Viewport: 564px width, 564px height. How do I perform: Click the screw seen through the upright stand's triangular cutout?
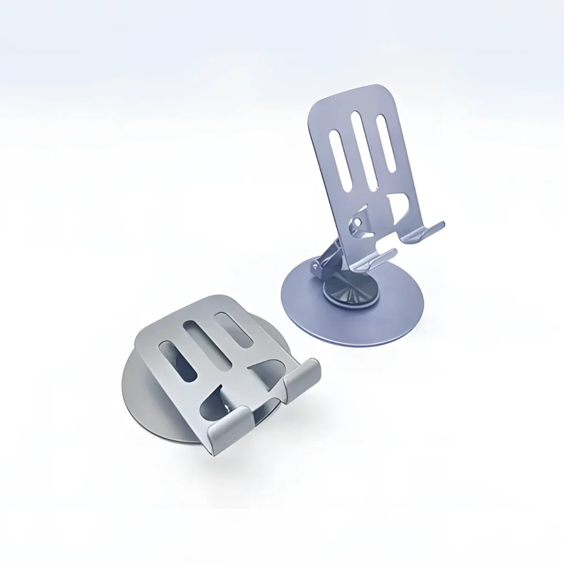pos(357,223)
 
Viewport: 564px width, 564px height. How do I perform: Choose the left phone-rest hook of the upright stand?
pos(379,260)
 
